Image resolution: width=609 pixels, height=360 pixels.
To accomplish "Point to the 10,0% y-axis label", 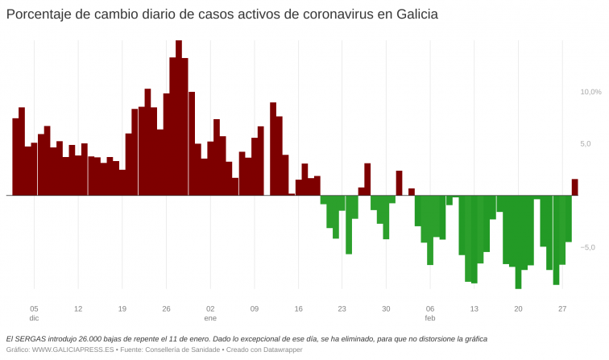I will [x=590, y=92].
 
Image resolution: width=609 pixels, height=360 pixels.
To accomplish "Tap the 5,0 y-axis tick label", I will [x=586, y=143].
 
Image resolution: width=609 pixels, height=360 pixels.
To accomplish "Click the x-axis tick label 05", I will [x=34, y=308].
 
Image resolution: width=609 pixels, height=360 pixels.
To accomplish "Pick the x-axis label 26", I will [x=166, y=308].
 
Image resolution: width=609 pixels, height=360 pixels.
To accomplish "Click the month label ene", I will [x=210, y=318].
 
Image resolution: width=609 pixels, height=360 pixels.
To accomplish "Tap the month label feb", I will [x=430, y=318].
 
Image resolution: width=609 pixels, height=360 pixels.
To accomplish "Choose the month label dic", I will [x=34, y=318].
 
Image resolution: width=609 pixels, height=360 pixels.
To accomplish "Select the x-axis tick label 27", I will [x=562, y=308].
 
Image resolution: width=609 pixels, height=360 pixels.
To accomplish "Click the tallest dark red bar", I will [x=179, y=118].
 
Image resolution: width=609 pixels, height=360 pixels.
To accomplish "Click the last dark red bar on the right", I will [x=575, y=187].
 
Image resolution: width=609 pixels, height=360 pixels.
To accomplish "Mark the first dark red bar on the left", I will [x=15, y=156].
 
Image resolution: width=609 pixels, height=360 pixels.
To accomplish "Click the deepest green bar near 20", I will [x=518, y=242].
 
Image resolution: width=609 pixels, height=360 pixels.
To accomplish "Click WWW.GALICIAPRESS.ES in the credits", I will [x=73, y=350].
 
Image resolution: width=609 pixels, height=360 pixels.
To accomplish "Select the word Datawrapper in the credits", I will [x=280, y=350].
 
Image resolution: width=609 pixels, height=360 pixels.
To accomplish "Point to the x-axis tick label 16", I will [x=298, y=308].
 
